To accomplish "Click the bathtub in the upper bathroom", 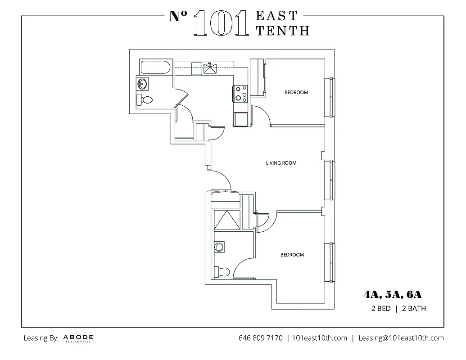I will pos(155,68).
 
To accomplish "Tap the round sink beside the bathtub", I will pos(142,84).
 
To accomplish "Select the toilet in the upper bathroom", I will pos(145,100).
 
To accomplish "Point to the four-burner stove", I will pos(240,93).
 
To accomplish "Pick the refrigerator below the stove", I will pos(240,119).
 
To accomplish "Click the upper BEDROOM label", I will pos(296,92).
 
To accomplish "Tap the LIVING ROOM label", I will pos(281,163).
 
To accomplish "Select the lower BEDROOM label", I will pos(292,255).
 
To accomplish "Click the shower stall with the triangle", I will pos(227,220).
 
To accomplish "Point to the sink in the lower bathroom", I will pos(220,247).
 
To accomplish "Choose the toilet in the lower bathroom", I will pos(222,271).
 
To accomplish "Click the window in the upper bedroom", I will pos(331,97).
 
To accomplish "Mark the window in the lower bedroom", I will pos(331,262).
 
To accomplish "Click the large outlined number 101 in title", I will pos(221,23).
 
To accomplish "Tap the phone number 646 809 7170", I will pos(260,338).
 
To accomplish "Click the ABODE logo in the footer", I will pos(78,338).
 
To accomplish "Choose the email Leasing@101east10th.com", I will pos(401,338).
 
